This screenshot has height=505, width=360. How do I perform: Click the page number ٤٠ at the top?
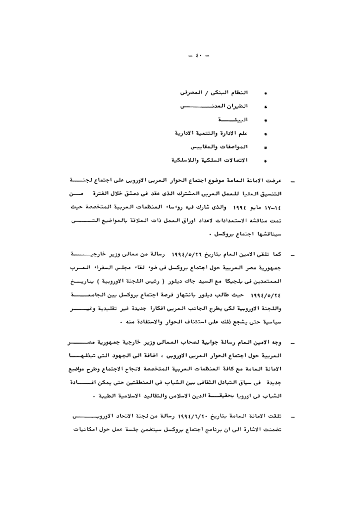click(199, 56)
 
